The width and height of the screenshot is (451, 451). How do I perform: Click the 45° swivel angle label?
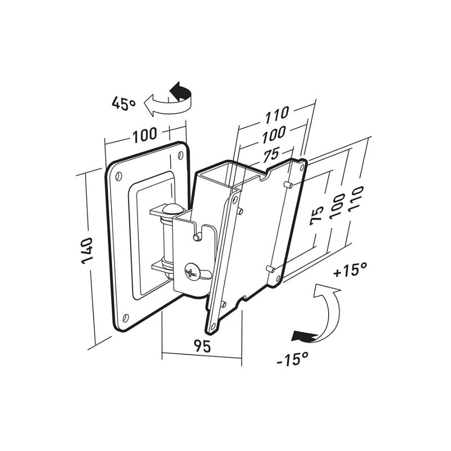tap(123, 103)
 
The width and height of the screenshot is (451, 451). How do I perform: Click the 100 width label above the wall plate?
tap(144, 136)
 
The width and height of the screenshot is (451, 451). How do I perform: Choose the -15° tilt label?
tap(293, 357)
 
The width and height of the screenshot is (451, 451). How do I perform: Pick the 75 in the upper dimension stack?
tap(271, 154)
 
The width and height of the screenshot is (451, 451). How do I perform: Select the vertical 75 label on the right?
tap(317, 215)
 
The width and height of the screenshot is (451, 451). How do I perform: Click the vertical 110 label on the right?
tap(356, 199)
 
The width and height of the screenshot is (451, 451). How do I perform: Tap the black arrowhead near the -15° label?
tap(299, 337)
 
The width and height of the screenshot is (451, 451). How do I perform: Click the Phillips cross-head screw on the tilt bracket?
tap(192, 273)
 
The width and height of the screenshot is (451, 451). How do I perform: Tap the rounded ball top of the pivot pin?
tap(171, 209)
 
